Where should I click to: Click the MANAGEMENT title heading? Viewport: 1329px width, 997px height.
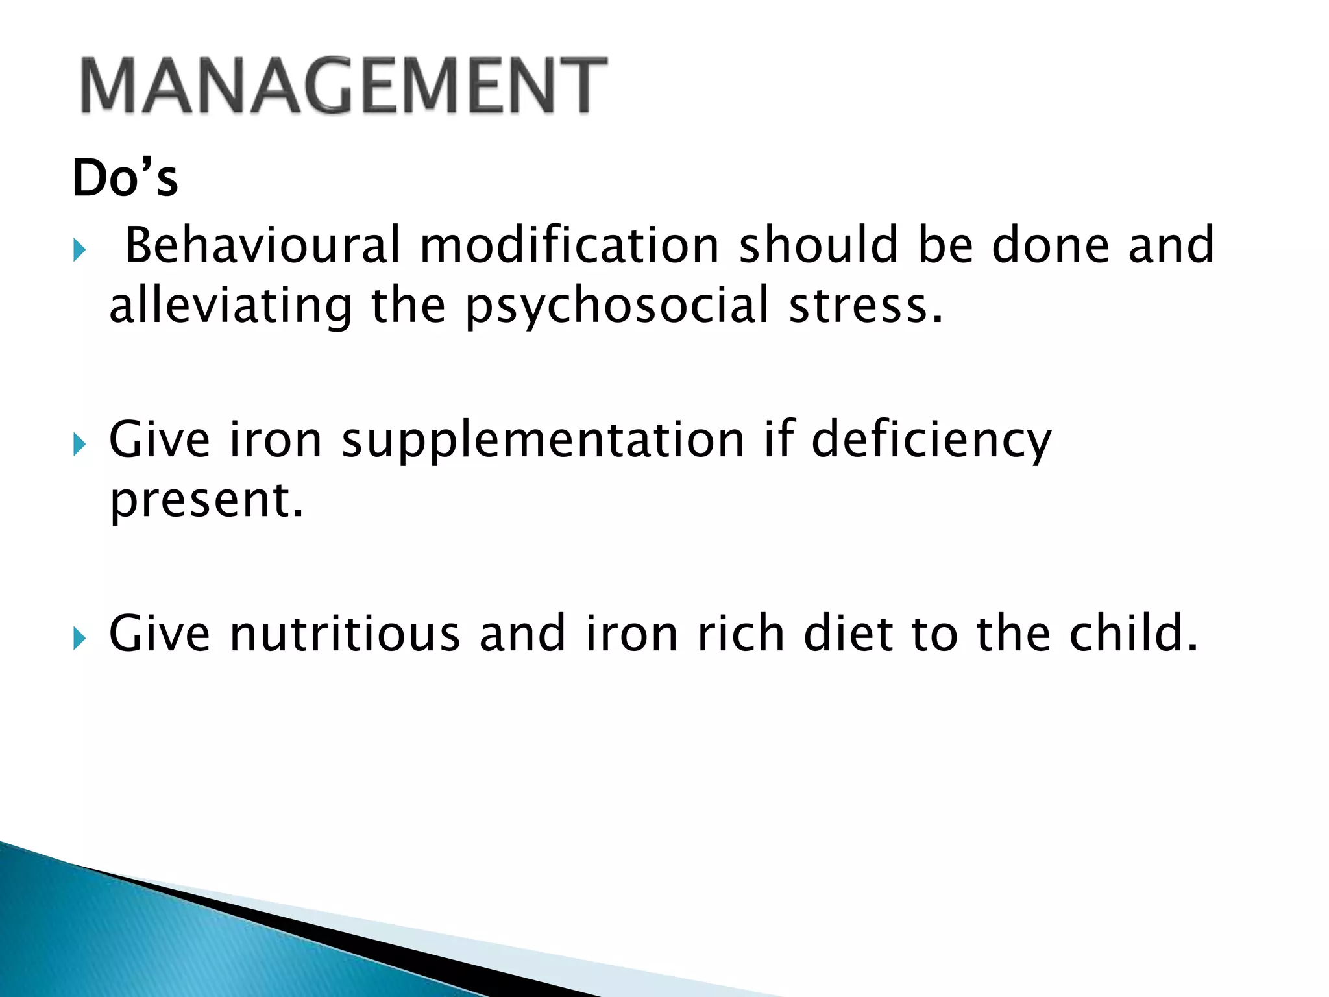[344, 86]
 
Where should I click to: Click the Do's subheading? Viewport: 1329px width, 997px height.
[125, 178]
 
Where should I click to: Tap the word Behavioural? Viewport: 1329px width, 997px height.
[263, 245]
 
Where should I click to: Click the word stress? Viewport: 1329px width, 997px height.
[865, 306]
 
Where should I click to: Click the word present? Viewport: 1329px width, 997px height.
[206, 501]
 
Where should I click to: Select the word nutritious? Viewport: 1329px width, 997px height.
[345, 634]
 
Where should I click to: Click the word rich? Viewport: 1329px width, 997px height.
[740, 634]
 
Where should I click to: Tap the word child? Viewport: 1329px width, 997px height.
[1133, 634]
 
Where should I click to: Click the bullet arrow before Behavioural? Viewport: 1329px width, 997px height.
[79, 250]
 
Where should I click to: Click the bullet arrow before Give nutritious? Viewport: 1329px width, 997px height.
[79, 639]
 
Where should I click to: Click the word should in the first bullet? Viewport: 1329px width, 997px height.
[818, 245]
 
